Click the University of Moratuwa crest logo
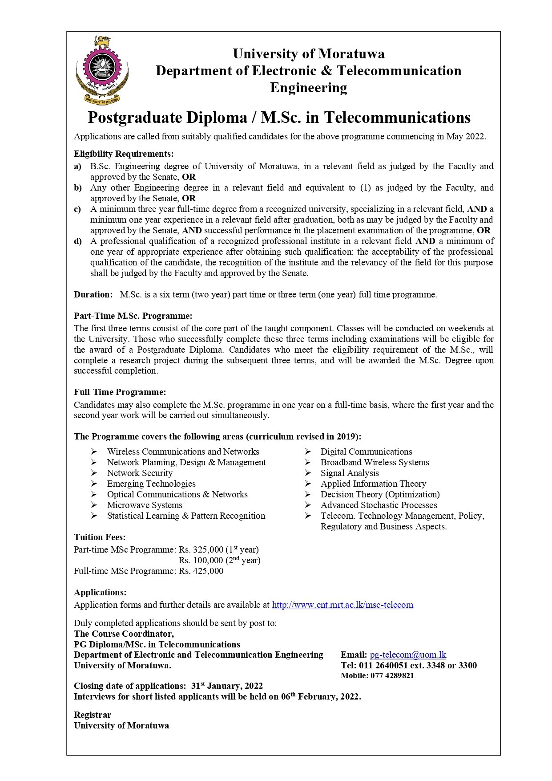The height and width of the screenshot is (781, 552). (102, 71)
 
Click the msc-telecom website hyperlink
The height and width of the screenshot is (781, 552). (342, 605)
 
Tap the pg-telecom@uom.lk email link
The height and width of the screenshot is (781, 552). (407, 655)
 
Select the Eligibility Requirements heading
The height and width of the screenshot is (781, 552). (124, 154)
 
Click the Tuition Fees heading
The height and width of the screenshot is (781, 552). (100, 537)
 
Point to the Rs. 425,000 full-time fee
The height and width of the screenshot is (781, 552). (201, 571)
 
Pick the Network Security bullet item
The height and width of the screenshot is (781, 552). (140, 473)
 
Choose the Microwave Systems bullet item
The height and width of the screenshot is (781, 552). (145, 505)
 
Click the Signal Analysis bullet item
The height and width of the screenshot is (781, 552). (350, 473)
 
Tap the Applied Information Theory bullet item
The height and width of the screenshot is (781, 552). (373, 484)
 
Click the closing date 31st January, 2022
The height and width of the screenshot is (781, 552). (227, 686)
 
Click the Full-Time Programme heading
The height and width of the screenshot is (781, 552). (120, 392)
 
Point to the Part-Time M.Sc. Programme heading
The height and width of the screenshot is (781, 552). (133, 316)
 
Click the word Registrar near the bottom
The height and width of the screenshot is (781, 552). (93, 715)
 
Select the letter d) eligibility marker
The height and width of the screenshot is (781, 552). (78, 241)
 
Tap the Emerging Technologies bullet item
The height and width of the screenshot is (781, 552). (151, 484)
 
